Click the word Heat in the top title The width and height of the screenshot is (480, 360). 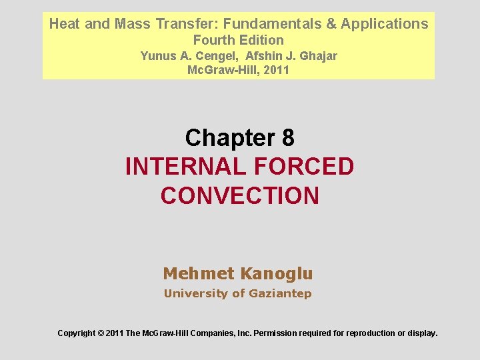tap(63, 24)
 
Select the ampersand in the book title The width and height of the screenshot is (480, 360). tap(331, 24)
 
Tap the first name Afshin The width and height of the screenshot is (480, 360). tap(265, 56)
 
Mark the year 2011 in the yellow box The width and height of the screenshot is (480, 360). tap(276, 69)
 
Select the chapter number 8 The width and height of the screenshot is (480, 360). tap(287, 138)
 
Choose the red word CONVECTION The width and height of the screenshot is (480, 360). tap(240, 196)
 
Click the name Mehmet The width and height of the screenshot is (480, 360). tap(199, 273)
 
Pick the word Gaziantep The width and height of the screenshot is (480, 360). tap(280, 293)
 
